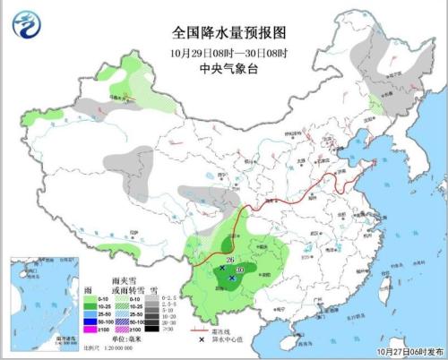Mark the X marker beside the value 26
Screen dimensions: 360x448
pyautogui.click(x=220, y=267)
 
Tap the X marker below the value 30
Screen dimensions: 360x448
pyautogui.click(x=233, y=279)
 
